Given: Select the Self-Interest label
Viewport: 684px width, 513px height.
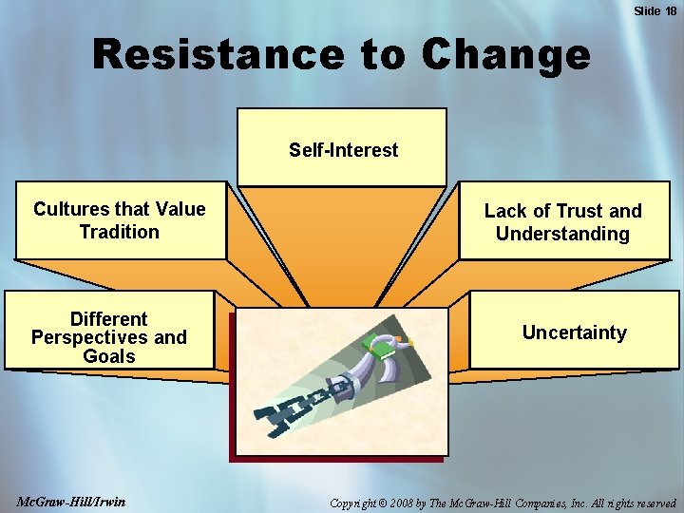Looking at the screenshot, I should pyautogui.click(x=344, y=150).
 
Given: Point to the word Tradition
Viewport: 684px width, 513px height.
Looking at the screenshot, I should pyautogui.click(x=120, y=232).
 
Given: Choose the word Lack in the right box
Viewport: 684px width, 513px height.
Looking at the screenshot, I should pyautogui.click(x=506, y=211).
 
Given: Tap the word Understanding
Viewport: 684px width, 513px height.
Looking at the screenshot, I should pyautogui.click(x=562, y=234).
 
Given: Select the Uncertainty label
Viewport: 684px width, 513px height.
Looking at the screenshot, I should pyautogui.click(x=574, y=332).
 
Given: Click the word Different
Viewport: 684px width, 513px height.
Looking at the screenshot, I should pyautogui.click(x=108, y=319).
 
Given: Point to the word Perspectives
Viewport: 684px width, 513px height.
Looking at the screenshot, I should pyautogui.click(x=88, y=337).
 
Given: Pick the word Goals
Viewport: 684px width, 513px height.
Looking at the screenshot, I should pyautogui.click(x=108, y=356).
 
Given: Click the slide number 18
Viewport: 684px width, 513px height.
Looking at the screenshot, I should pyautogui.click(x=670, y=10).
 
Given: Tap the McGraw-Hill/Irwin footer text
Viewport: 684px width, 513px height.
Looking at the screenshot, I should pyautogui.click(x=71, y=501).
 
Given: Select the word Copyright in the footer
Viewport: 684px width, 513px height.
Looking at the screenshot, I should pyautogui.click(x=356, y=502).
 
